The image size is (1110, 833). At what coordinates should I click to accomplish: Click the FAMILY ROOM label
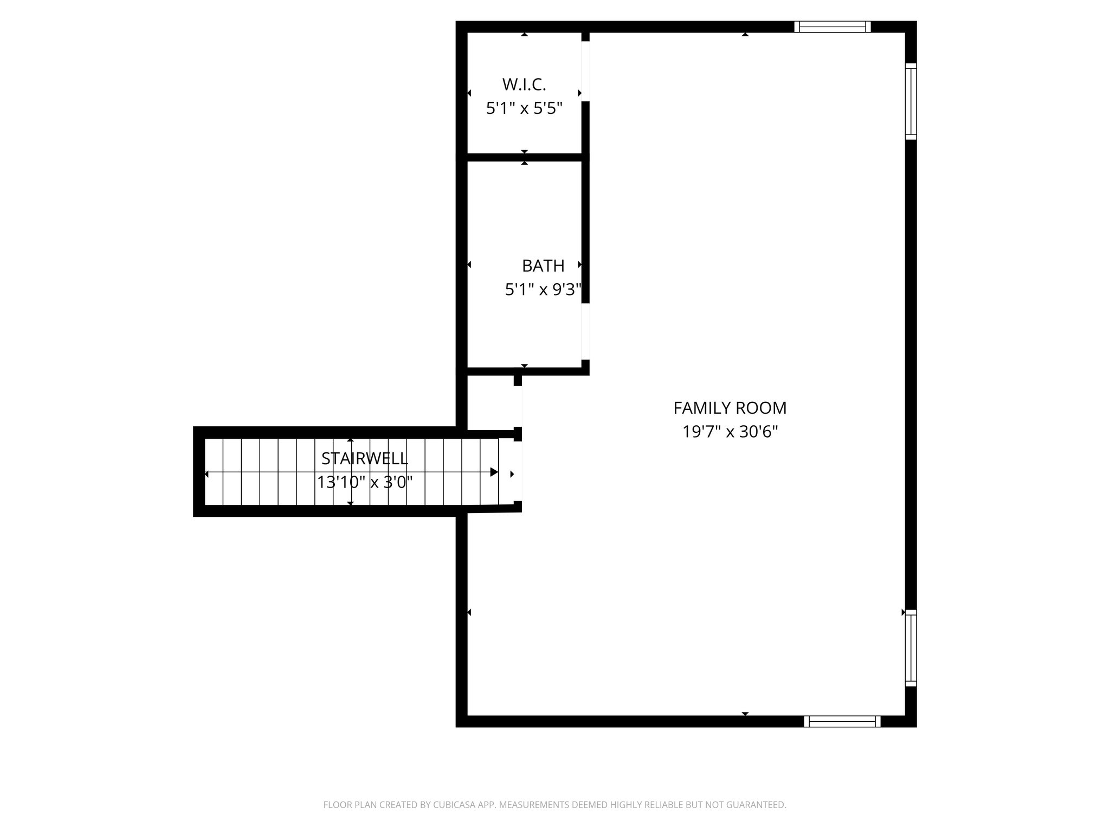tap(730, 408)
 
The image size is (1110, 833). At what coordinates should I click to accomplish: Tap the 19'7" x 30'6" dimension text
tap(730, 432)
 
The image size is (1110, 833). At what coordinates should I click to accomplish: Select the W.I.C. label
tap(524, 85)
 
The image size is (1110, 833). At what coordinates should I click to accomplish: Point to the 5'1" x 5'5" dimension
tap(524, 109)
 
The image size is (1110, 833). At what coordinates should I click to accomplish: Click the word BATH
tap(543, 266)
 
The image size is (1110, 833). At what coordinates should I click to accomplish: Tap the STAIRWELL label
tap(364, 459)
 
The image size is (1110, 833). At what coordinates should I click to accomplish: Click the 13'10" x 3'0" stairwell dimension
tap(364, 482)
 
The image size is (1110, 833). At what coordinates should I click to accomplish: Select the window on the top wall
tap(832, 27)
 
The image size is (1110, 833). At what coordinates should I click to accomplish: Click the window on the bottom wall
tap(842, 721)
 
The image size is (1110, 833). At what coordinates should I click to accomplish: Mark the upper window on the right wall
tap(911, 101)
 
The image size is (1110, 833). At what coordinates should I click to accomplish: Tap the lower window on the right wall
tap(911, 648)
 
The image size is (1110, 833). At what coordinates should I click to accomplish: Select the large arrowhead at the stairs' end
tap(494, 472)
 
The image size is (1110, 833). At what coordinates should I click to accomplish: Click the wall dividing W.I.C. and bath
tap(524, 157)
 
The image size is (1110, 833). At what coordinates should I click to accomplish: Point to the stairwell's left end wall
tap(199, 472)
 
